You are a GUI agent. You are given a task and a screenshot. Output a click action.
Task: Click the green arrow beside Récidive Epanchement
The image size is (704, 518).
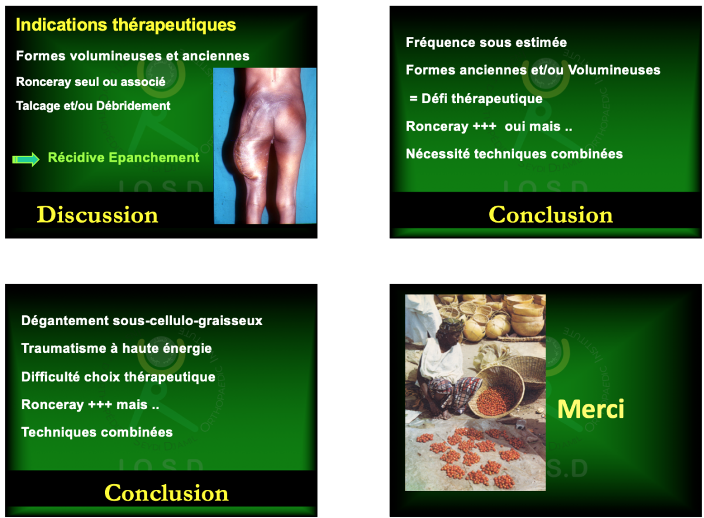(x=26, y=159)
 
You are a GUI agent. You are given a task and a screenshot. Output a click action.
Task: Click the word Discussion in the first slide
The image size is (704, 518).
(x=97, y=214)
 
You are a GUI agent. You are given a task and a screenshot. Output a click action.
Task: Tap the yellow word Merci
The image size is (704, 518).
(x=591, y=409)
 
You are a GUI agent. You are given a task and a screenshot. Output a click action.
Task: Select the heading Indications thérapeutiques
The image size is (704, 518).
(x=126, y=25)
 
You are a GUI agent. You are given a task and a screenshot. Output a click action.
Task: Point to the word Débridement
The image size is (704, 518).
(x=133, y=106)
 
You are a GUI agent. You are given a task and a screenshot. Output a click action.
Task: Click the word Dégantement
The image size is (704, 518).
(x=65, y=321)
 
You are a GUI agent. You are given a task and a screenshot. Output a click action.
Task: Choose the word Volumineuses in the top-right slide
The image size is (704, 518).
(x=614, y=70)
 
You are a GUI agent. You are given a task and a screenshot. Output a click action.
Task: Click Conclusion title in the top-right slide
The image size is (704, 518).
(x=551, y=214)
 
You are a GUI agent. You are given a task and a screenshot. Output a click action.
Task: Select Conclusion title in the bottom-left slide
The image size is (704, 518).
(x=167, y=493)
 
